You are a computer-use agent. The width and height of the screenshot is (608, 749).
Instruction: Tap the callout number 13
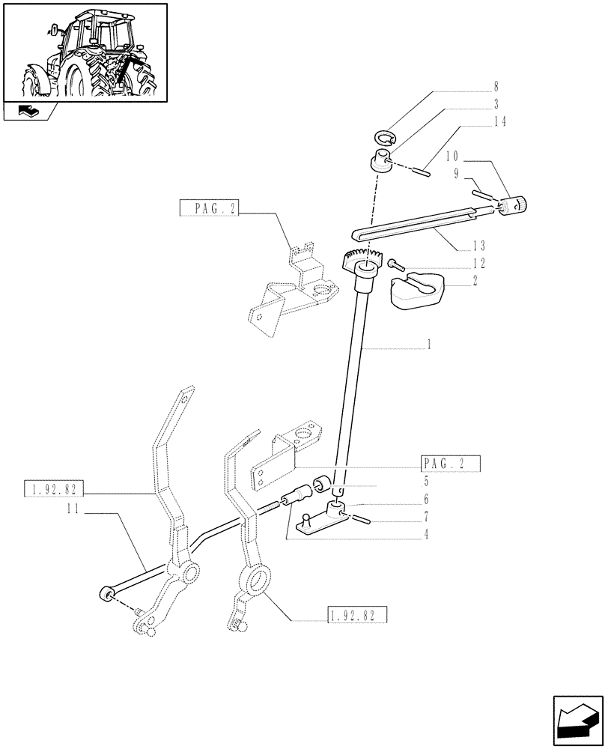click(478, 246)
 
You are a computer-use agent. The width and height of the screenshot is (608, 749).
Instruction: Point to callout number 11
click(72, 508)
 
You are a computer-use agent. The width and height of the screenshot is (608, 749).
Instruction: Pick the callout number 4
click(426, 535)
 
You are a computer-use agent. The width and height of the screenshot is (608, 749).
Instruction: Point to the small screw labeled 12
click(395, 263)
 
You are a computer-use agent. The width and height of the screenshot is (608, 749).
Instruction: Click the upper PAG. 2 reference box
click(207, 208)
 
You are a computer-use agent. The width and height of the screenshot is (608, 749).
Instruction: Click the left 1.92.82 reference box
click(55, 490)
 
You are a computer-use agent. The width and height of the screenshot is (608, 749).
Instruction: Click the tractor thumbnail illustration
click(85, 52)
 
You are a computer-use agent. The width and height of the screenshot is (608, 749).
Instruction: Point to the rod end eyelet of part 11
click(105, 595)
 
